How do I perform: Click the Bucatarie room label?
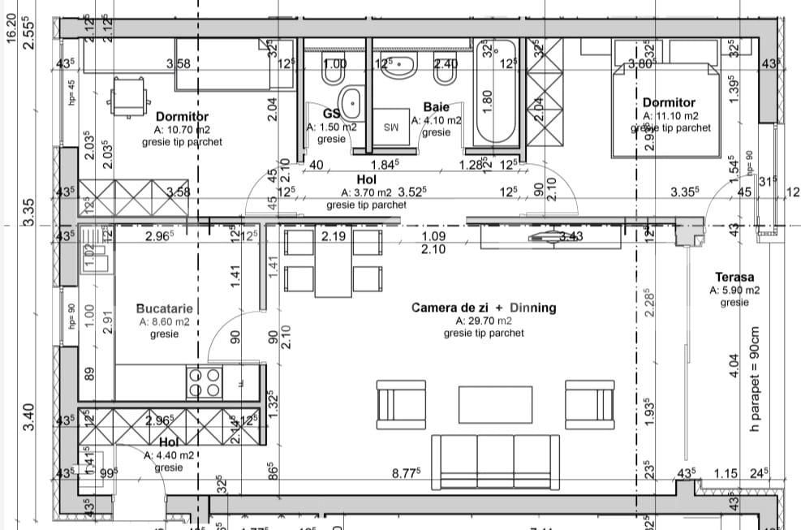[x=164, y=308]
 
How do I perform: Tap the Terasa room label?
[x=734, y=277]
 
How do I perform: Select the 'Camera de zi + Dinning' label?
[x=484, y=308]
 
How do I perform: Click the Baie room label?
[x=436, y=107]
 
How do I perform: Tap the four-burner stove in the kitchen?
[x=205, y=382]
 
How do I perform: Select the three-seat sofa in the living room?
[x=494, y=460]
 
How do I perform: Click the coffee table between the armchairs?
[x=495, y=403]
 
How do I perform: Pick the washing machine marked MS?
[x=392, y=127]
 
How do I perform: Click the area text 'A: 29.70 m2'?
[x=484, y=321]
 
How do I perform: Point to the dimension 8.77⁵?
[x=406, y=472]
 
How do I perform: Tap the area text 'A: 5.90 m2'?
[x=734, y=290]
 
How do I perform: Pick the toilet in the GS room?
[x=331, y=76]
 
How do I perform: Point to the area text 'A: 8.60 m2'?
[x=164, y=321]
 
